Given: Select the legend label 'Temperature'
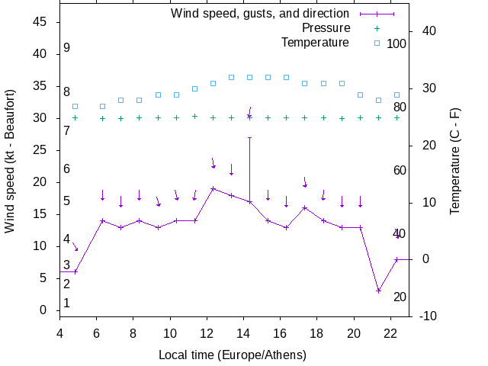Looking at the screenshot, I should (x=315, y=43).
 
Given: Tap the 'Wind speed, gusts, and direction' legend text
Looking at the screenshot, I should (x=260, y=14).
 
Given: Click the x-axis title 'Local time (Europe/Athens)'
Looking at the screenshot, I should (x=232, y=355).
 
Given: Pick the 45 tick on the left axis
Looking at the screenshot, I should (x=41, y=22).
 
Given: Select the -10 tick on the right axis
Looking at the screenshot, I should (x=427, y=316).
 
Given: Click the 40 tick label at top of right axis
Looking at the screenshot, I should (x=429, y=31).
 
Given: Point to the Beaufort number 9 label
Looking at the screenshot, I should (x=67, y=48).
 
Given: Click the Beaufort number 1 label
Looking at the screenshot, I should (x=67, y=303).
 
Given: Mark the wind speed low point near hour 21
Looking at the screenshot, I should (x=378, y=291).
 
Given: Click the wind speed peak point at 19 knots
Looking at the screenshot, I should (x=213, y=188).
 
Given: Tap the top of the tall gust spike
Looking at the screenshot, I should (x=249, y=138).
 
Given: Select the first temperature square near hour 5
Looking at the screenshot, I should (x=75, y=106).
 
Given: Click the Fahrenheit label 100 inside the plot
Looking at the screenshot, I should (x=396, y=43).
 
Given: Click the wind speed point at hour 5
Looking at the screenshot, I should (x=75, y=271).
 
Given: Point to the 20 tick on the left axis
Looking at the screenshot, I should (x=41, y=182).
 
